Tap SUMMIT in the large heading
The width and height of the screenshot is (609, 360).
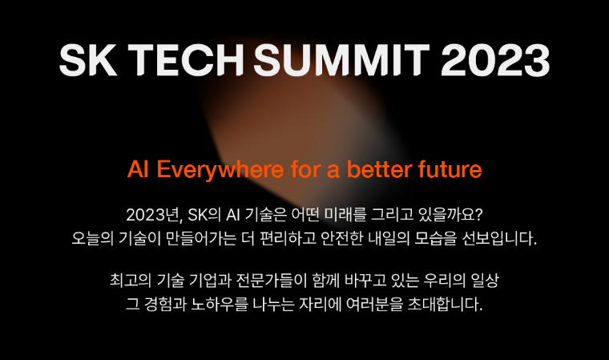(x=342, y=60)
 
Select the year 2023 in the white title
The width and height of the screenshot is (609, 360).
(x=495, y=60)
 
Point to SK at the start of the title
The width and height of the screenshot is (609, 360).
(x=88, y=60)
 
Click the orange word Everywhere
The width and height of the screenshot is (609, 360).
(x=220, y=170)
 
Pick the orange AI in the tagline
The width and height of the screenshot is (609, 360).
(x=139, y=169)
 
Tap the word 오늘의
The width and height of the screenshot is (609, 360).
(x=92, y=238)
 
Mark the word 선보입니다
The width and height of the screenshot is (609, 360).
(x=499, y=238)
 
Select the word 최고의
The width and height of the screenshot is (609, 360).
(x=131, y=281)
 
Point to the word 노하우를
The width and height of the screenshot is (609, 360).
(x=219, y=304)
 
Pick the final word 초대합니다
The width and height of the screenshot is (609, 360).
(x=445, y=304)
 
